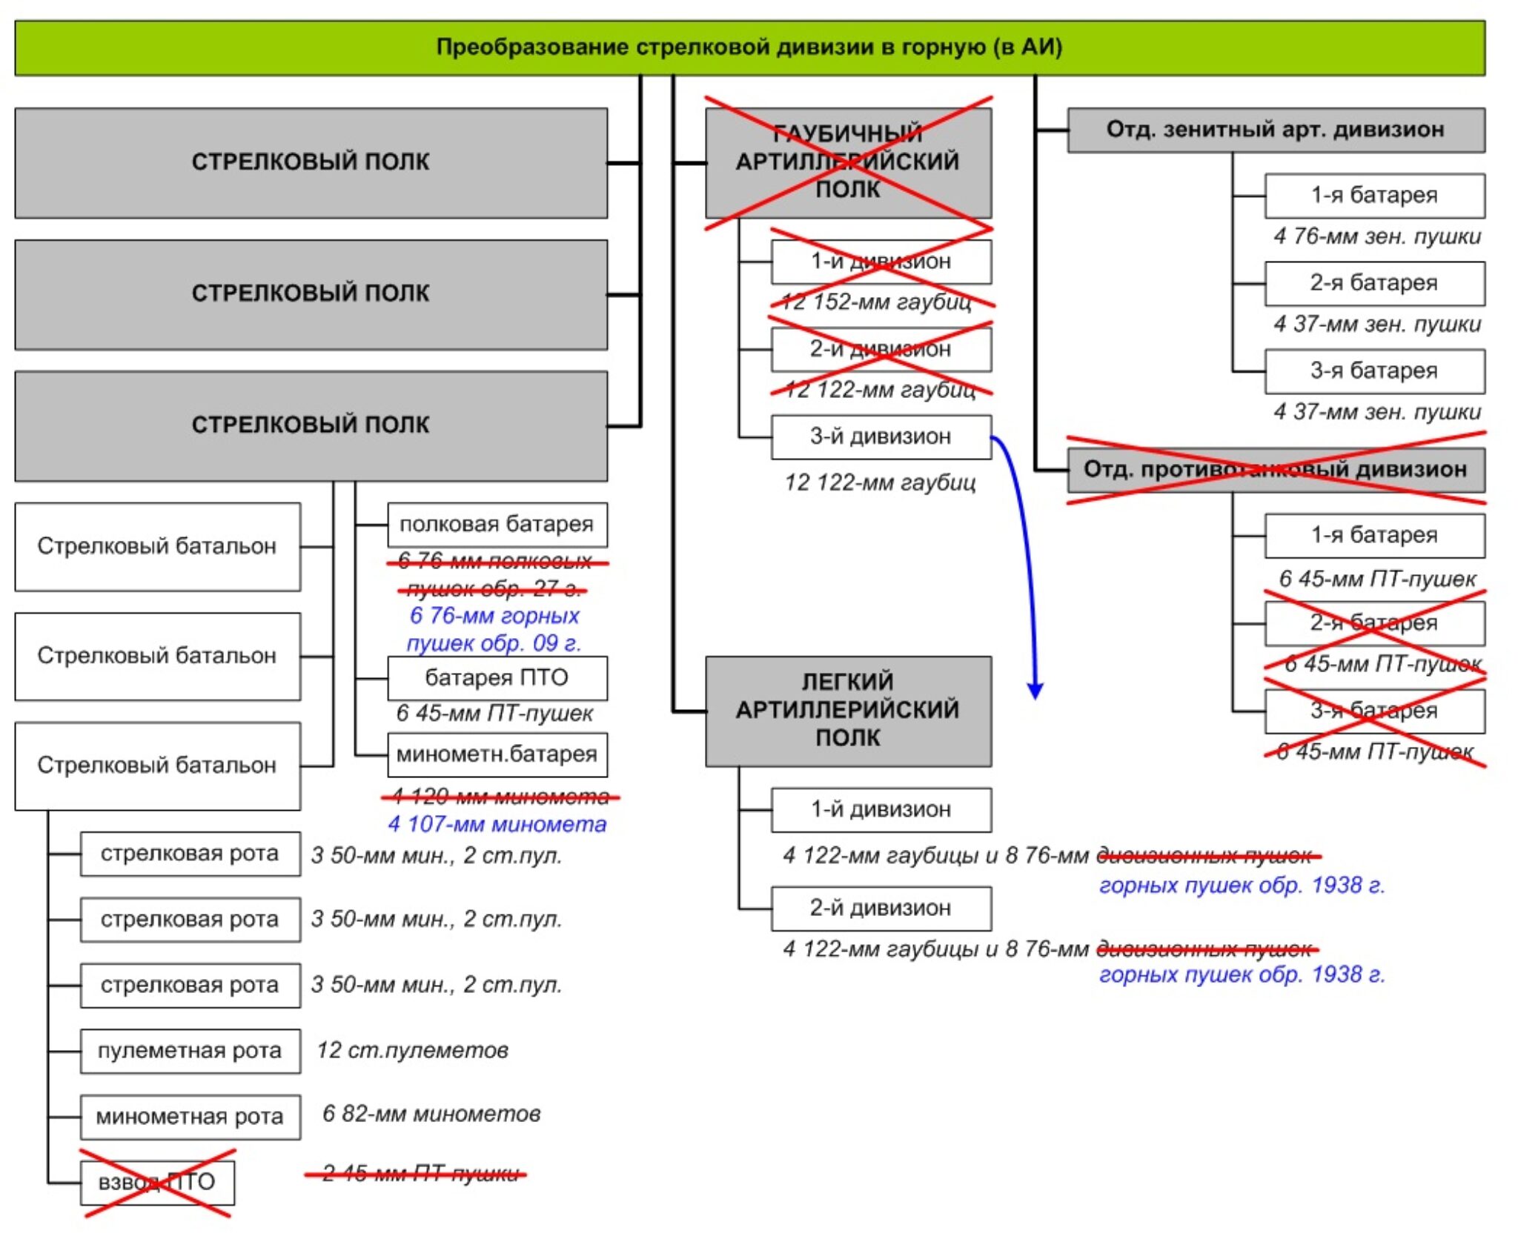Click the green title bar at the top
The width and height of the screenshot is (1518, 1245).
point(749,47)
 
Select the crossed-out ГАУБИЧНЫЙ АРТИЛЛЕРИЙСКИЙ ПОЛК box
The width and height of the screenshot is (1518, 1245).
point(848,162)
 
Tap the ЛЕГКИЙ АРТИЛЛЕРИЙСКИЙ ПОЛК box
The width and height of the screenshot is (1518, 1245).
point(848,710)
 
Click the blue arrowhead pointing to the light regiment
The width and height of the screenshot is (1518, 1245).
point(1035,691)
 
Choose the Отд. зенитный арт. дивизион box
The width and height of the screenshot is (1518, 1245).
point(1275,130)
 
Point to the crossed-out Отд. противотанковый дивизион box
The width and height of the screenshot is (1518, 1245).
point(1275,469)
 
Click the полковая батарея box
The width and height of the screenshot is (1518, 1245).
point(497,524)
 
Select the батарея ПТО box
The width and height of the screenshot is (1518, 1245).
point(497,677)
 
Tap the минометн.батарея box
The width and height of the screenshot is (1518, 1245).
point(497,754)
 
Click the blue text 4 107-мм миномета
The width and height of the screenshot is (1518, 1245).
point(497,824)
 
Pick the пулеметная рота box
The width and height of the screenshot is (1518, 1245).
point(190,1050)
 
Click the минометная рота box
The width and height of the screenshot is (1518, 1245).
point(190,1116)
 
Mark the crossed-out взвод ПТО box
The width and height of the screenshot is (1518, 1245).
point(157,1182)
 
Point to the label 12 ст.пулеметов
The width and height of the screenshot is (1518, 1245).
point(412,1050)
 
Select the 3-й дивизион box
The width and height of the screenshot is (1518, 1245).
point(881,436)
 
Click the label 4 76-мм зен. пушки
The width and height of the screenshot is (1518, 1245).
point(1376,236)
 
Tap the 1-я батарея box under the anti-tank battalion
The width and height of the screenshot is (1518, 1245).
point(1374,535)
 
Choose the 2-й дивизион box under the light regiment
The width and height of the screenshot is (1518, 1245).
point(881,908)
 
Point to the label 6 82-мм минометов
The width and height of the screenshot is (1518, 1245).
point(431,1114)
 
